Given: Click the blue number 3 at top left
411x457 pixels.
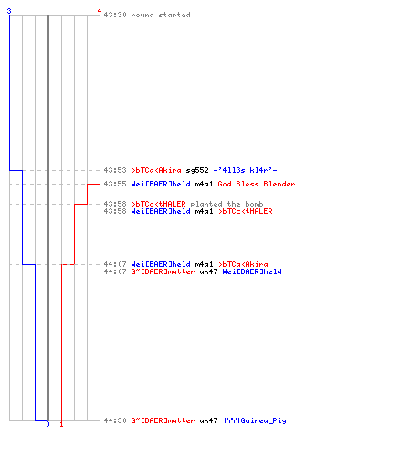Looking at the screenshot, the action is click(9, 11).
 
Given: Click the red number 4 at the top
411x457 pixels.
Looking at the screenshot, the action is click(99, 11).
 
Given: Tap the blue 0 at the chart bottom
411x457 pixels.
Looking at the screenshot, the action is click(47, 424).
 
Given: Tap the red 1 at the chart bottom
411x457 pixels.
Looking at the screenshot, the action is click(61, 424).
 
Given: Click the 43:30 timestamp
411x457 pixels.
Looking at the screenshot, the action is click(115, 15).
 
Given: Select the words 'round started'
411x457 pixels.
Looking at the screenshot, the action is click(161, 15).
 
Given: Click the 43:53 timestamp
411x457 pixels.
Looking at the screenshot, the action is click(115, 170).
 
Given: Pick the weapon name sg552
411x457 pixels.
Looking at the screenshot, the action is click(197, 170).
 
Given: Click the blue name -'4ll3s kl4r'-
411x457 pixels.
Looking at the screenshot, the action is click(245, 170).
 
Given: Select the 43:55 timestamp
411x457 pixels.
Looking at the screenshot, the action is click(115, 184).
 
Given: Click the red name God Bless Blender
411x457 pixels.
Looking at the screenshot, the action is click(257, 184).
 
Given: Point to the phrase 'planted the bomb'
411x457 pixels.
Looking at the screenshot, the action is click(227, 204).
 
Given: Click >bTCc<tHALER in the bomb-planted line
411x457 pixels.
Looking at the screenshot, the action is click(158, 204).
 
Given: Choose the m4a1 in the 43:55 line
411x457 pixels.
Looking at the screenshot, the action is click(204, 184).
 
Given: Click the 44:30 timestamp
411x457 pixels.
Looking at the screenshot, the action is click(115, 420).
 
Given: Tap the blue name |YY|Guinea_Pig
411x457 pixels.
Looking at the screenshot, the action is click(255, 420).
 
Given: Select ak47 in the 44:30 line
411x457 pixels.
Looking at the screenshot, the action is click(208, 420).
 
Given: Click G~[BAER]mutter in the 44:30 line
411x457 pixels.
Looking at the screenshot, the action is click(163, 420).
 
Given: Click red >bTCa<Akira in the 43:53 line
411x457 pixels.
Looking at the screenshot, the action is click(156, 170).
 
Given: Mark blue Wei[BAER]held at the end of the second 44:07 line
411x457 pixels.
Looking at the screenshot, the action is click(252, 271).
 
